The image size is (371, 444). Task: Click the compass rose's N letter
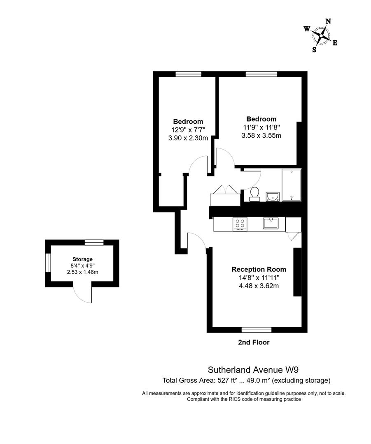(x=328, y=21)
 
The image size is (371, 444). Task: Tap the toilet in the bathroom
(x=255, y=194)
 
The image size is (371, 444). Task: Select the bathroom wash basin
(x=273, y=197)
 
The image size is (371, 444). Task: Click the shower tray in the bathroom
(x=291, y=185)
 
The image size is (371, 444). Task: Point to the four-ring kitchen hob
(x=240, y=224)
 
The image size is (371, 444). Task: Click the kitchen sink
(x=271, y=223)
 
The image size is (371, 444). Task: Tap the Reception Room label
(x=259, y=269)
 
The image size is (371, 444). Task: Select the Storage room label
(x=82, y=259)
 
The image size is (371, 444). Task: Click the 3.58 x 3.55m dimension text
(x=261, y=136)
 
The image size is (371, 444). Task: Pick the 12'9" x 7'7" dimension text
(x=188, y=129)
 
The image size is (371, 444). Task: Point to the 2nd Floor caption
(x=254, y=342)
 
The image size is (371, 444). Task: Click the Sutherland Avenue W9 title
(x=253, y=370)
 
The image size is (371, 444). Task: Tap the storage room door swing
(x=82, y=294)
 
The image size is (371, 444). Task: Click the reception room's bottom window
(x=257, y=330)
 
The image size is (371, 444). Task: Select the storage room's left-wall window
(x=48, y=263)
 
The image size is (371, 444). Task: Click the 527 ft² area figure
(x=227, y=380)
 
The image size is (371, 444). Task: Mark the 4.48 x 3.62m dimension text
(x=259, y=286)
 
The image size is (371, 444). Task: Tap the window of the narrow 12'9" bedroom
(x=188, y=74)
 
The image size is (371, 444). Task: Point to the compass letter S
(x=314, y=50)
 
